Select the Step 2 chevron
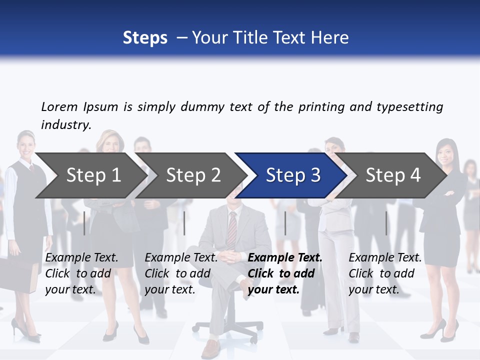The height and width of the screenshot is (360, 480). (x=192, y=175)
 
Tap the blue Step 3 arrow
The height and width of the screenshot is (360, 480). (x=292, y=175)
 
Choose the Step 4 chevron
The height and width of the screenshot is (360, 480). (x=392, y=175)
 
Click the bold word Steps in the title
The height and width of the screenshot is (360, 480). (x=145, y=37)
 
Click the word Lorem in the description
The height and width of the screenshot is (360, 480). (x=59, y=106)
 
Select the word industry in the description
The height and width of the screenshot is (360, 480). (x=65, y=124)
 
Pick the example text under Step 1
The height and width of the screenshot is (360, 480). (x=81, y=273)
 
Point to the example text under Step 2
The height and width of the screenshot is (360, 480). (x=181, y=273)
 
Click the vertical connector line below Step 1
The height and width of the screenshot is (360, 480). (x=84, y=223)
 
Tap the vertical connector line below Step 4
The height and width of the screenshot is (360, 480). (x=386, y=223)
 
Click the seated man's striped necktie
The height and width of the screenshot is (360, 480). (x=231, y=228)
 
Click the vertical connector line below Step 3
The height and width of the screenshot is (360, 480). (x=285, y=223)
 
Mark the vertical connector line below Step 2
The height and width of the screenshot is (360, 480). (x=184, y=223)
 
